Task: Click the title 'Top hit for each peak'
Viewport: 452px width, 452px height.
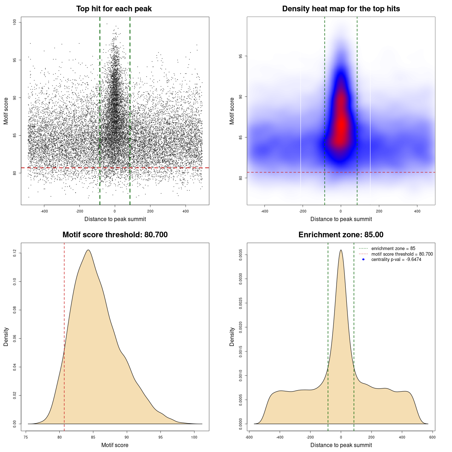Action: pos(114,9)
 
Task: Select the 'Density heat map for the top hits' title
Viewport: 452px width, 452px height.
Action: pos(341,9)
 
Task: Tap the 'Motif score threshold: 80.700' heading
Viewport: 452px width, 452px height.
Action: pos(115,235)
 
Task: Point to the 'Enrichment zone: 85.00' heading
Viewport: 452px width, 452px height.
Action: pos(341,235)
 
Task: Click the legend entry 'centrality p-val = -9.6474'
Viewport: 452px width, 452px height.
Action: pos(396,260)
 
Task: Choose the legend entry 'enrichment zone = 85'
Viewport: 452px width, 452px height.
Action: pos(393,249)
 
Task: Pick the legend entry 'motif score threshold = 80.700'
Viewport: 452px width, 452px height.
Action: pos(402,254)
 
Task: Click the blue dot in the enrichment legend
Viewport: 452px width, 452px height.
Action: pos(363,260)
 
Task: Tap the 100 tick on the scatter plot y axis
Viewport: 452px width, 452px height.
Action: pos(15,22)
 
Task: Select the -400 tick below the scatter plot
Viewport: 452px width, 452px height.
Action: pos(44,211)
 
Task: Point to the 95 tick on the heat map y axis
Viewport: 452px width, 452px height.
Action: pos(241,56)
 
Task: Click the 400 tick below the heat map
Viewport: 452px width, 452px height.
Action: pos(417,211)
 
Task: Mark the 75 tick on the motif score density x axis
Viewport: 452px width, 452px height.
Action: pos(26,437)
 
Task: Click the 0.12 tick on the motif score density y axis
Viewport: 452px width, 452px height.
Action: pos(15,253)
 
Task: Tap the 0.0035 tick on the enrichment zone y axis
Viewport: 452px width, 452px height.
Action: pos(241,255)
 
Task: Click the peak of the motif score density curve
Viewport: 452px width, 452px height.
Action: pos(88,250)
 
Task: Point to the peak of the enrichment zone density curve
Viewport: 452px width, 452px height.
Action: pos(341,250)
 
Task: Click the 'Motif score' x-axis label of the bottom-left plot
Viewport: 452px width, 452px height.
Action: pos(115,445)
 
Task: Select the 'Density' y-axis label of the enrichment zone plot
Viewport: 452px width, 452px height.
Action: pos(232,337)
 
